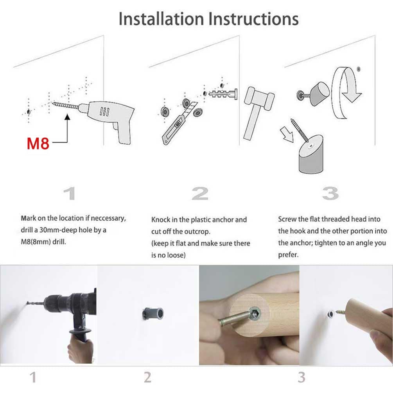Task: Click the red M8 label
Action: [x=38, y=144]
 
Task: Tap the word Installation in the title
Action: [x=161, y=19]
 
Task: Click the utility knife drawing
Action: [x=179, y=123]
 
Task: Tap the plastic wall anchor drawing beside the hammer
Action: [x=223, y=94]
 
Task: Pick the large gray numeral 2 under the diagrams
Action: [x=200, y=194]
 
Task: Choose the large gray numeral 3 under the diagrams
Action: [x=330, y=194]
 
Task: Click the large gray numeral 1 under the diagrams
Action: [x=70, y=194]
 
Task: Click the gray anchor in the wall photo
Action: [x=153, y=314]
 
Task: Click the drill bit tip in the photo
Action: [x=27, y=303]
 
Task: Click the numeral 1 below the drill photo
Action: [x=33, y=377]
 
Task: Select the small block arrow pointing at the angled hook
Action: [x=287, y=134]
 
